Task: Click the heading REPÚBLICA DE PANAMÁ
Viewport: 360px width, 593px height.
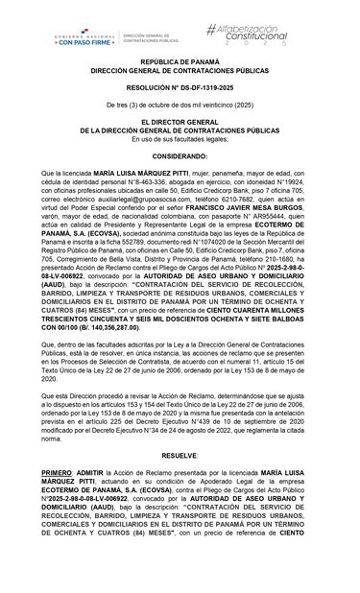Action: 179,85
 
